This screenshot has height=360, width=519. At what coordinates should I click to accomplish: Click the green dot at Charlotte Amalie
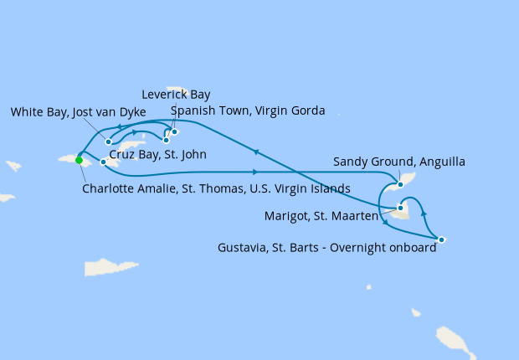coord(79,160)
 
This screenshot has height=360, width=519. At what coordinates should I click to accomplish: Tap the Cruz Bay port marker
coord(103,162)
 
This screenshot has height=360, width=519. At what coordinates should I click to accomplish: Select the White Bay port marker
coord(109,141)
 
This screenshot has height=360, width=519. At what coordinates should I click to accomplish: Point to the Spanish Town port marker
coord(166,140)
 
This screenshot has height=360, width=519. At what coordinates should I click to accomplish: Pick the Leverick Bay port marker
coord(175,131)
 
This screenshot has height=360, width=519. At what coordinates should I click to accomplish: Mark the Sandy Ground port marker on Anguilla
coord(401,184)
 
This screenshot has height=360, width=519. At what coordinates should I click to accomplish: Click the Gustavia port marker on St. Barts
coord(441,240)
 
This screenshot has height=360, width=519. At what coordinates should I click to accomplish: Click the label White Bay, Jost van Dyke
coord(79,112)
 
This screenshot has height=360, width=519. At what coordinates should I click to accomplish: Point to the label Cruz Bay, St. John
coord(158,155)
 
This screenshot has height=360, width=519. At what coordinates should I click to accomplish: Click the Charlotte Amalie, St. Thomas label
coord(216,188)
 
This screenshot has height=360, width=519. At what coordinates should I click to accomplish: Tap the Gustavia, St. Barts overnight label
coord(326,248)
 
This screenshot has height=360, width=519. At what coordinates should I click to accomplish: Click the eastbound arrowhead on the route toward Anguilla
coord(253,172)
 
